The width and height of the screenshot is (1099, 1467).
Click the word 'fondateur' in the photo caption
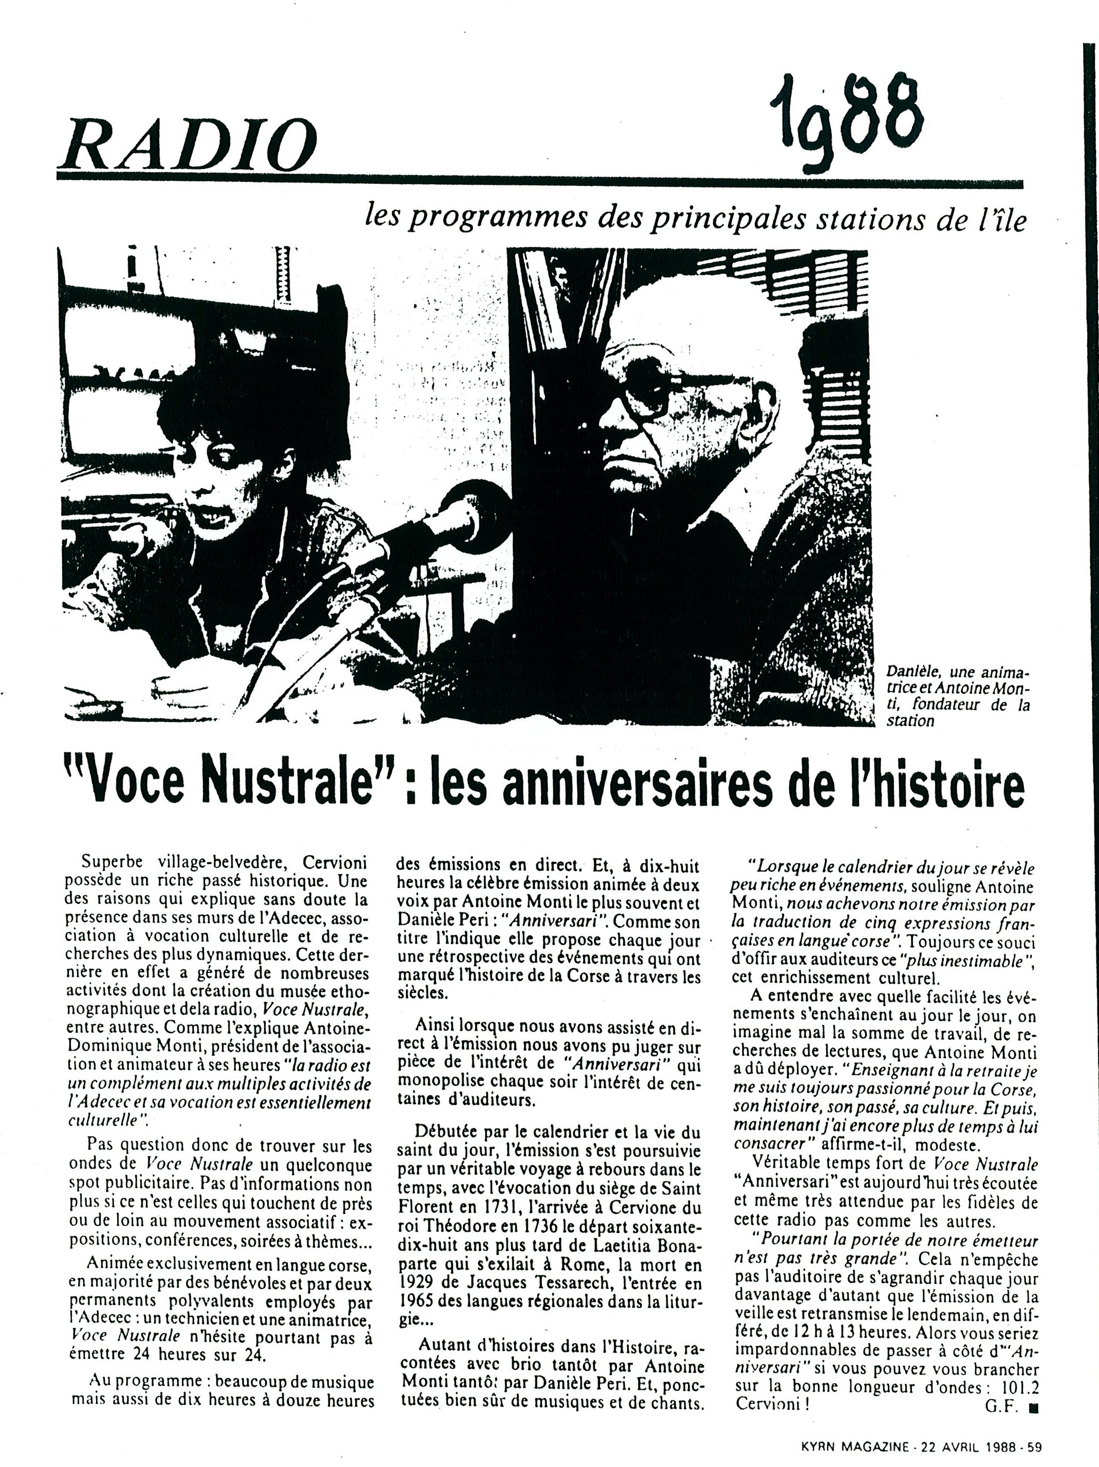point(956,707)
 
